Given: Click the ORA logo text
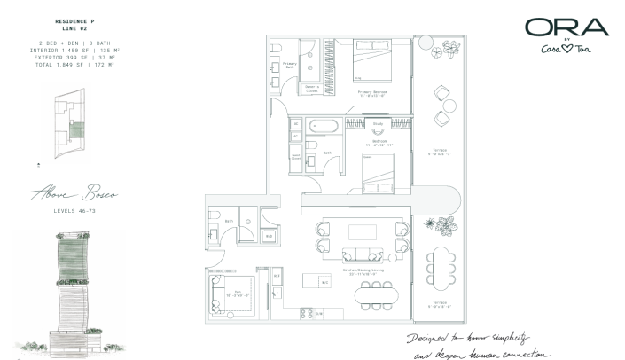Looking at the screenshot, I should pos(566,27).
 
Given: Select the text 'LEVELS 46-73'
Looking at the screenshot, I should pos(74,210).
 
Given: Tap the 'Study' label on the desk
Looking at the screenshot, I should pos(377,124).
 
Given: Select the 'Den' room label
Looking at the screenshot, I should pos(228,292).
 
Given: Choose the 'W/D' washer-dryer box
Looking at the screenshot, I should pos(269,236).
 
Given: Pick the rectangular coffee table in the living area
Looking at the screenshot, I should pos(363,232).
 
